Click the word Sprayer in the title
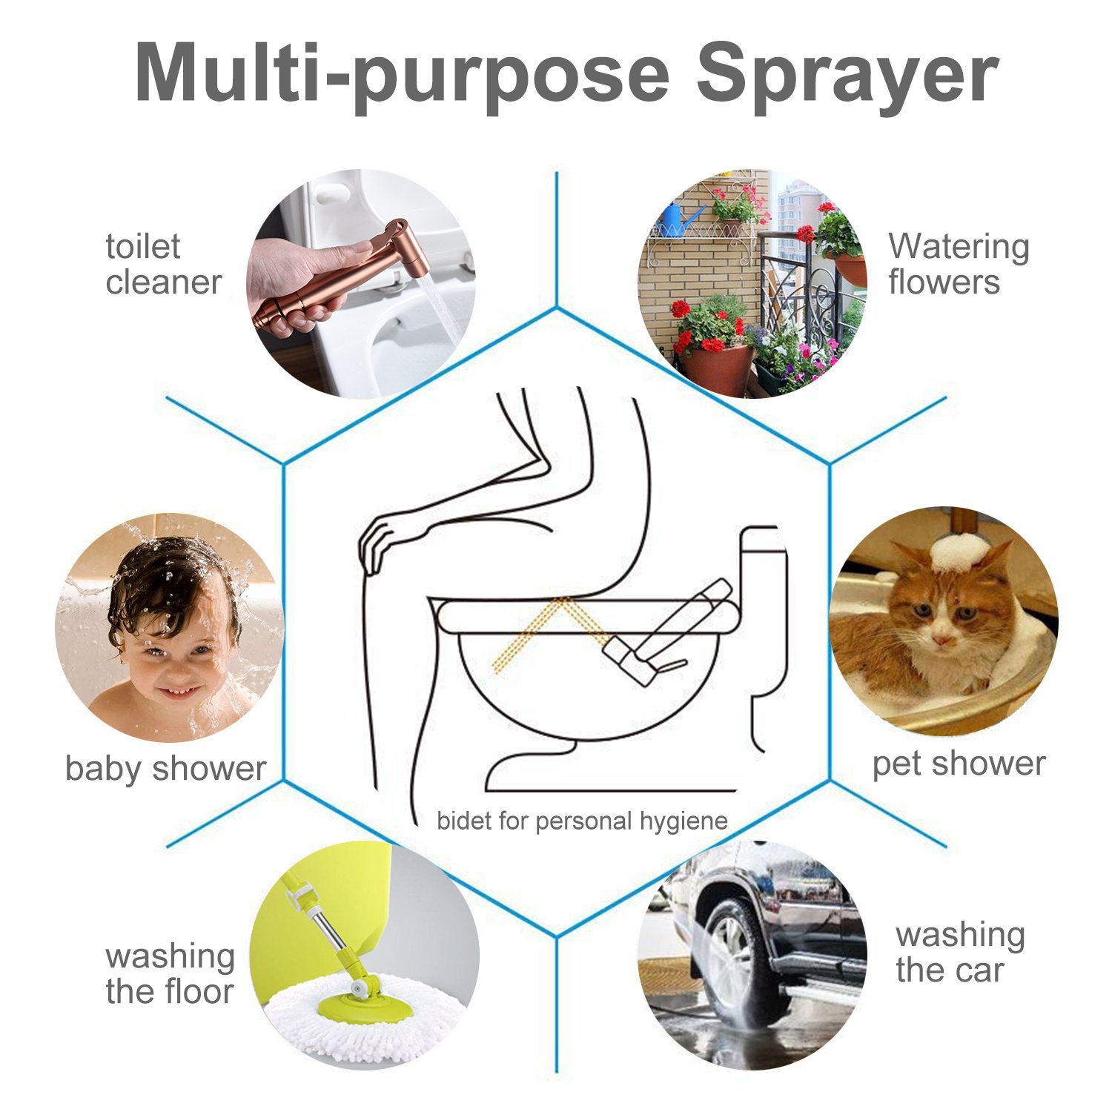pos(847,74)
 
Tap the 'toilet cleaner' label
pos(163,265)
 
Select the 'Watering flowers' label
pos(958,265)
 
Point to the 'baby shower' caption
pos(165,769)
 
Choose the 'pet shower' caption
pos(958,764)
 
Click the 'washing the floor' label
pos(170,973)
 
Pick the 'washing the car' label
pos(959,953)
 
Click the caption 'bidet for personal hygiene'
pos(582,821)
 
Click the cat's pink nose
pos(943,639)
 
